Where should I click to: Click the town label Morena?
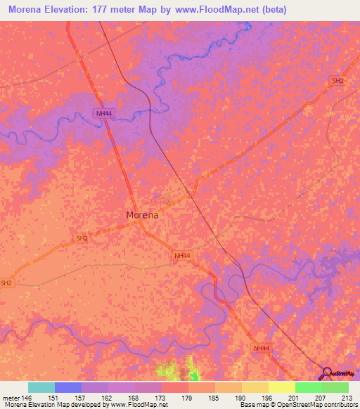(x=141, y=215)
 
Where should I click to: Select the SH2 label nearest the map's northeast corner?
(x=338, y=81)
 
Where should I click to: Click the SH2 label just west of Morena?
(x=82, y=238)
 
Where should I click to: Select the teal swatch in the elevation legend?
(x=41, y=387)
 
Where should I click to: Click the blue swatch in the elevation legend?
(x=67, y=387)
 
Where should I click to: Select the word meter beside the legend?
(x=9, y=398)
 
